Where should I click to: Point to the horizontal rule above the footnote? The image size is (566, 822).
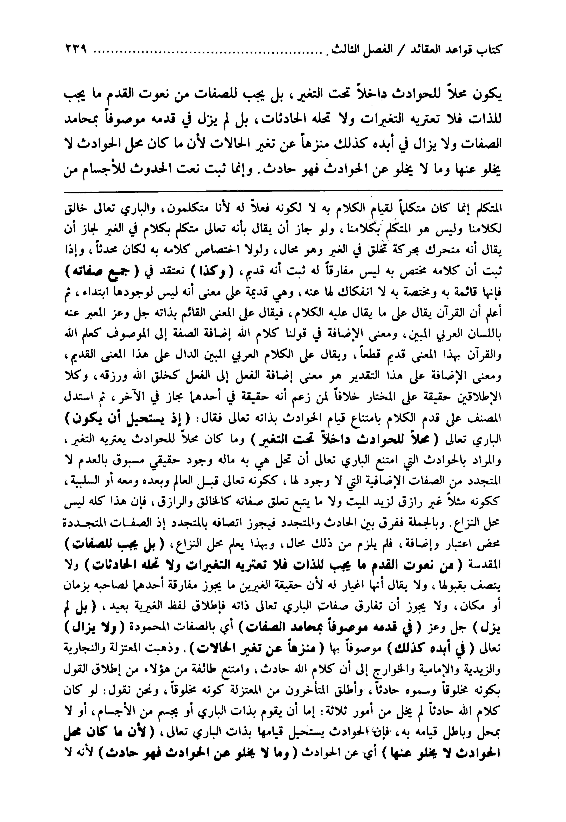(x=282, y=192)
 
